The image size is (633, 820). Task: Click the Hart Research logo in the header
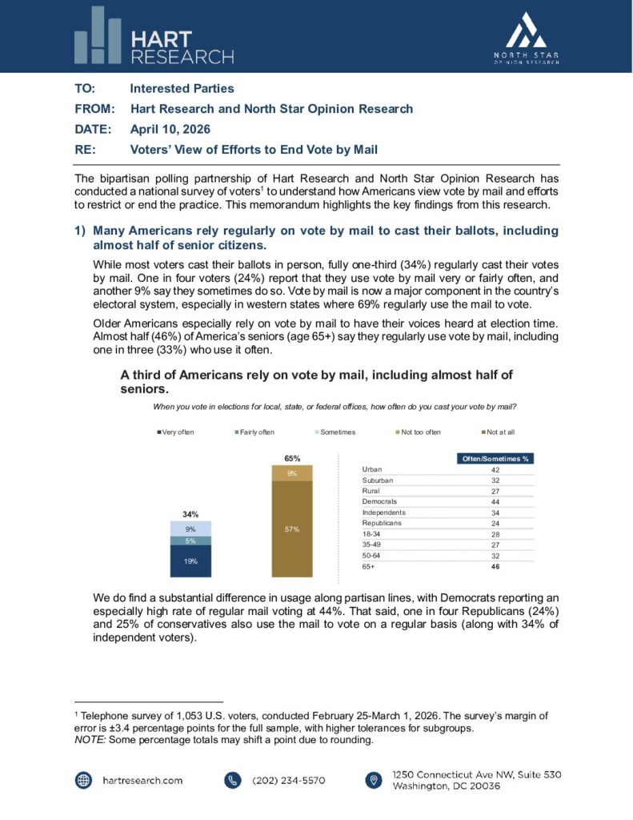pos(154,36)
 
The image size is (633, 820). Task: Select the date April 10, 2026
pos(171,128)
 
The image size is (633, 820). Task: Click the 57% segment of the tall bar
pos(292,529)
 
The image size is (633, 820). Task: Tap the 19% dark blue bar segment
pos(190,561)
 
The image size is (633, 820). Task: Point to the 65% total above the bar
pos(292,459)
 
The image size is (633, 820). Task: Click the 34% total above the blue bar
pos(190,514)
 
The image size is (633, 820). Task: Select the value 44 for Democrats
pos(496,500)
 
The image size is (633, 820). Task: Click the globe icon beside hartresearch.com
pos(83,780)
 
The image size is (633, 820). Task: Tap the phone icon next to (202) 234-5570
pos(233,780)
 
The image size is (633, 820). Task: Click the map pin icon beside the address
pos(373,780)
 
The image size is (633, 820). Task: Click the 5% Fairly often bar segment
pos(190,541)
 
